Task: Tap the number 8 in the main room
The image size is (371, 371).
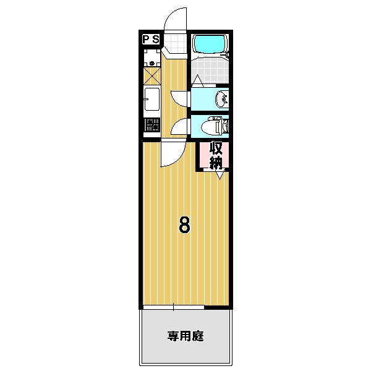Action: (x=184, y=224)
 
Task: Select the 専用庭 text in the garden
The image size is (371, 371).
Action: (x=185, y=337)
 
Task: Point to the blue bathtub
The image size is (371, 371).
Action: (x=210, y=44)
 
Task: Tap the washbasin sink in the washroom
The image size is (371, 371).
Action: (x=221, y=98)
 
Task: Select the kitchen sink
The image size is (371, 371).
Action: (x=152, y=99)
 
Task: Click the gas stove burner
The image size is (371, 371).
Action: (x=152, y=126)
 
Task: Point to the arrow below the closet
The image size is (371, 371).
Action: (x=220, y=175)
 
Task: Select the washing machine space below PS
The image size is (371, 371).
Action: (x=152, y=59)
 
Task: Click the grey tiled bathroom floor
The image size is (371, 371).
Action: (x=210, y=67)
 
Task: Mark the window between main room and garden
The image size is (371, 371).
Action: (x=174, y=307)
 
